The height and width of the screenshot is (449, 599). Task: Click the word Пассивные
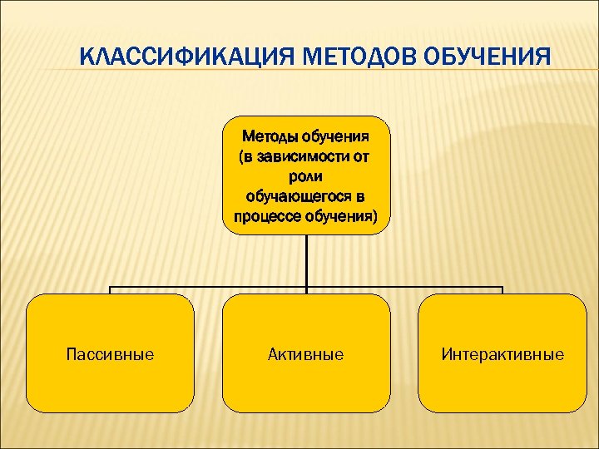pos(110,355)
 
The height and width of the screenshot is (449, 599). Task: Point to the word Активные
pos(306,355)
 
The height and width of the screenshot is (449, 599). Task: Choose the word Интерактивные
pos(502,355)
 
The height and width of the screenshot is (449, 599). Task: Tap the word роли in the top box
pos(306,176)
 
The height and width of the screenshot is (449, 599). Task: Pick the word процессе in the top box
pos(266,216)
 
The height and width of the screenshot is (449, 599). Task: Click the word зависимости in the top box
pos(299,157)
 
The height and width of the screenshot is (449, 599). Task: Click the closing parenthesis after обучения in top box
pos(374,217)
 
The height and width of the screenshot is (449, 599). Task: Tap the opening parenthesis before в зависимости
pos(242,157)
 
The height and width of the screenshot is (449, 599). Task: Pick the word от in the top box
pos(361,157)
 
